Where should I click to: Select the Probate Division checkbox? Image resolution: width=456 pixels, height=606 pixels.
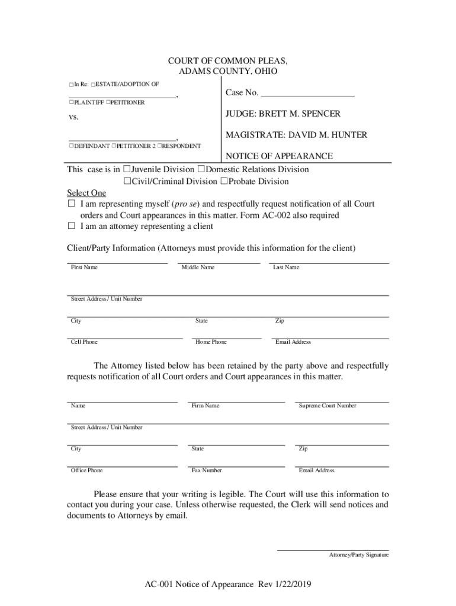(224, 182)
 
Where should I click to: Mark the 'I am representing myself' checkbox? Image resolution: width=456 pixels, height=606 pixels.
(71, 204)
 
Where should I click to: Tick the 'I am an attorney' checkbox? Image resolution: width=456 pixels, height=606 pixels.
(71, 226)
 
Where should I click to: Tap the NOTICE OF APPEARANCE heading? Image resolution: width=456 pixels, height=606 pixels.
(279, 156)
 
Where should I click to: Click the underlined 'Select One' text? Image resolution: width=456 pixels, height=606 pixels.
(86, 193)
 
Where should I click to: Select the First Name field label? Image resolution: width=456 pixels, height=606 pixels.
(84, 267)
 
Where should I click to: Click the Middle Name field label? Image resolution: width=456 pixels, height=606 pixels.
(198, 267)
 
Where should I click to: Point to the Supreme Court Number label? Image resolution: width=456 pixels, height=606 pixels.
(327, 406)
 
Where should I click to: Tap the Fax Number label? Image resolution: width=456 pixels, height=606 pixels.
(207, 470)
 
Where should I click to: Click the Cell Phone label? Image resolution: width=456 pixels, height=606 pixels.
(84, 342)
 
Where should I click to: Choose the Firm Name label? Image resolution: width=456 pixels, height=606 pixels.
(205, 406)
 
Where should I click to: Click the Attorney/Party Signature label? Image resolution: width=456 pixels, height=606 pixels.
(359, 555)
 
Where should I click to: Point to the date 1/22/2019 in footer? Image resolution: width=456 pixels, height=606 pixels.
(291, 585)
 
